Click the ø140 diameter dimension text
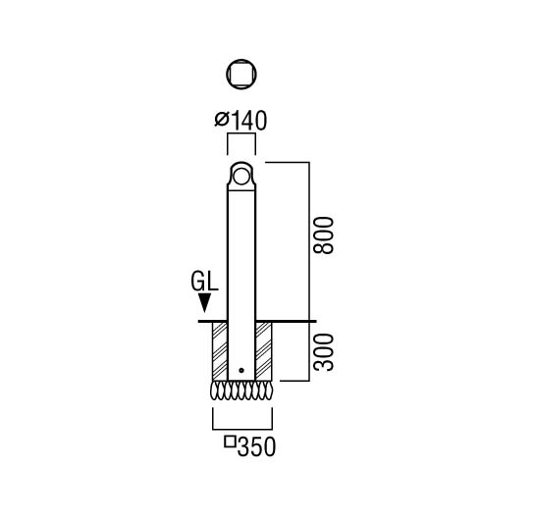coord(240,121)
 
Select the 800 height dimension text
coord(323,235)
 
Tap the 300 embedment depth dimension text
coord(323,352)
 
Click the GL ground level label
coord(204,282)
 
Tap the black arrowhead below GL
coord(204,302)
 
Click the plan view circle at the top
coord(241,75)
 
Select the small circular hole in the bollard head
coord(241,177)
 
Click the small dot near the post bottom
coord(241,370)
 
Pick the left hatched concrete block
coord(220,351)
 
